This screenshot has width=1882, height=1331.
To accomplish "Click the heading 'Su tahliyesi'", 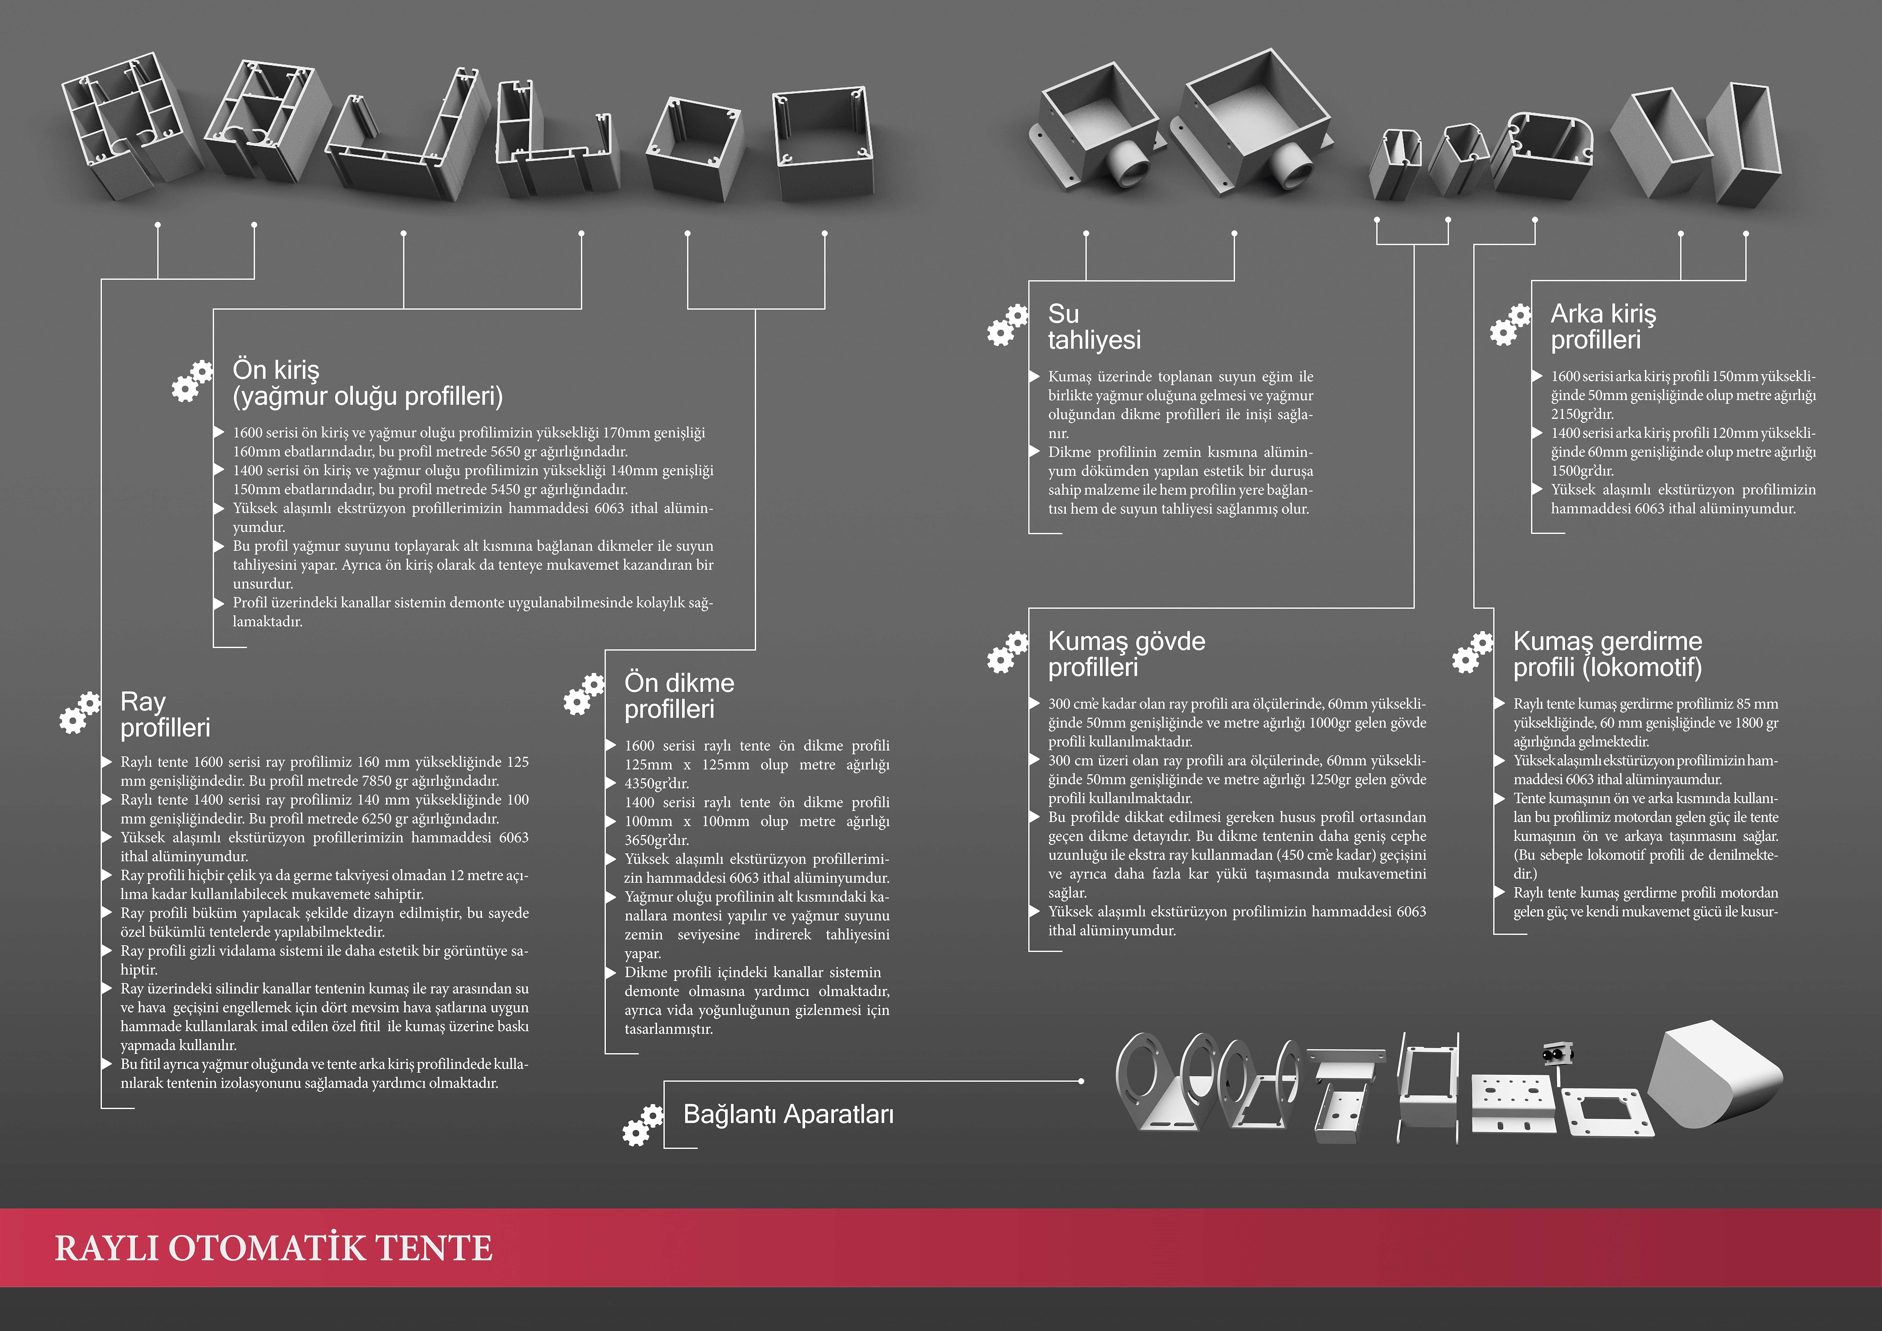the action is coord(1094,326).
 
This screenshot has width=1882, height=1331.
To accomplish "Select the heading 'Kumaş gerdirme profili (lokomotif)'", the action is coord(1607,654).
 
